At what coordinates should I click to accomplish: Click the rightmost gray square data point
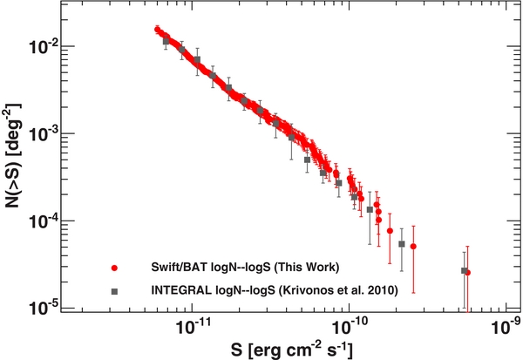[x=464, y=270]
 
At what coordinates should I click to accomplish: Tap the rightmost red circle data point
[x=468, y=272]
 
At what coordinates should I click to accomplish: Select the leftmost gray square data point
[x=166, y=41]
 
